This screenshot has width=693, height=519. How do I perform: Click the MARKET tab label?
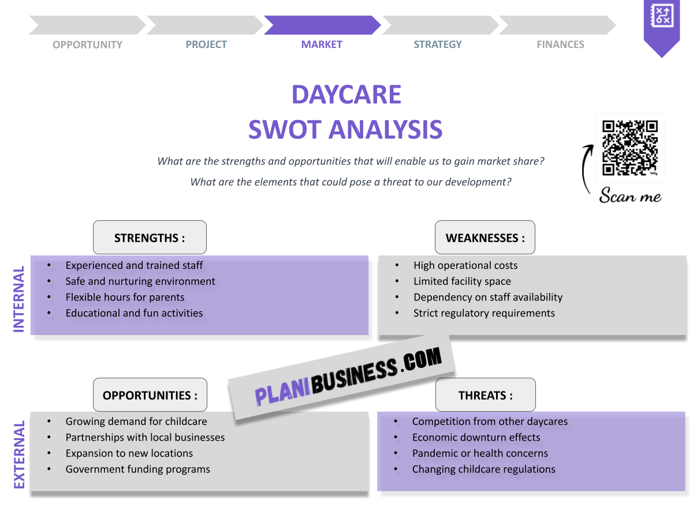click(322, 44)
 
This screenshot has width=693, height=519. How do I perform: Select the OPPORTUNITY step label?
click(87, 44)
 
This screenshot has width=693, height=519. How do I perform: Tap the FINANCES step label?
click(560, 44)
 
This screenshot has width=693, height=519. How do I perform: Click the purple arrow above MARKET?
click(322, 25)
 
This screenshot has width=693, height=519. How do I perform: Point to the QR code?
click(629, 148)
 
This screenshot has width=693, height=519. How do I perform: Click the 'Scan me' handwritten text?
click(630, 196)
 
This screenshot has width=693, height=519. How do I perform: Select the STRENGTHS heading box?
click(150, 238)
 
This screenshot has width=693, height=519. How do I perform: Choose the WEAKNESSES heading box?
click(485, 238)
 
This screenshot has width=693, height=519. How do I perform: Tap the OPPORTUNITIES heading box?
click(150, 395)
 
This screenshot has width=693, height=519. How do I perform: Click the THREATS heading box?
click(485, 395)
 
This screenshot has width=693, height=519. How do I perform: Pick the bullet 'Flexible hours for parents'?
click(125, 298)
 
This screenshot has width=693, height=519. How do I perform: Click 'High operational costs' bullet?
click(465, 266)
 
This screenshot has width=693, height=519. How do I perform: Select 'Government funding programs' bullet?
click(137, 469)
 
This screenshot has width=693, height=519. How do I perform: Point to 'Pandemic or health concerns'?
click(480, 453)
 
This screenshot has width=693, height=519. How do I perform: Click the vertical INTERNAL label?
click(19, 299)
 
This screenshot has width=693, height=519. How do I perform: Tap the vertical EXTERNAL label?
click(19, 455)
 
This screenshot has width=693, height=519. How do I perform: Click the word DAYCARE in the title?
click(346, 95)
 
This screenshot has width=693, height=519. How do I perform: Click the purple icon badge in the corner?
click(662, 23)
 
